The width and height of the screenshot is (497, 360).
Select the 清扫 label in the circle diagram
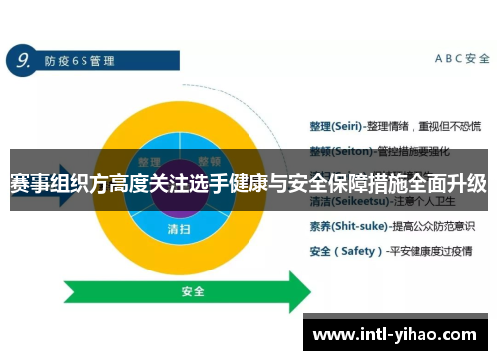click(179, 228)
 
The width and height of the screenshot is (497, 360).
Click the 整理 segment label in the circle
click(149, 162)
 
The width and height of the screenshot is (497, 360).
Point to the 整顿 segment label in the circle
click(209, 162)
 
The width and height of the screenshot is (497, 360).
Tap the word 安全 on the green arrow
click(193, 292)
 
